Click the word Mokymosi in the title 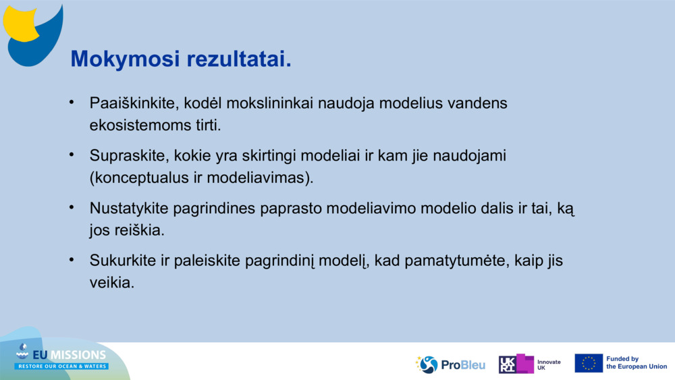click(x=125, y=59)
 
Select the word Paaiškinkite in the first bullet click(x=134, y=103)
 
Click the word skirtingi click(x=269, y=156)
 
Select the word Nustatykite click(x=129, y=209)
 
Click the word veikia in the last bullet click(x=112, y=283)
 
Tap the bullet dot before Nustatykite click(x=72, y=207)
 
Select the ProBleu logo click(x=450, y=364)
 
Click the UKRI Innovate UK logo click(x=529, y=364)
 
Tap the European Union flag click(x=589, y=363)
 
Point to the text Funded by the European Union click(x=637, y=362)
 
